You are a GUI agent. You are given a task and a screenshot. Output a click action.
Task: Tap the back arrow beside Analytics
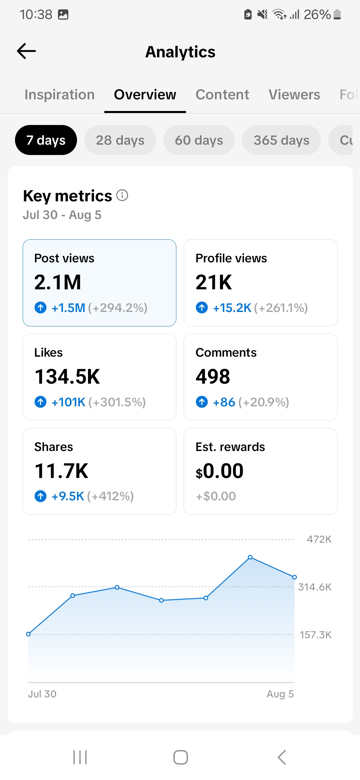click(26, 51)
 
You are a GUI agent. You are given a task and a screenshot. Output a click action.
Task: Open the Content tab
click(222, 95)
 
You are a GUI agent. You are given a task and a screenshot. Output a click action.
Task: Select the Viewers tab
click(294, 95)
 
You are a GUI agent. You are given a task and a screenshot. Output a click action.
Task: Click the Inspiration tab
click(60, 95)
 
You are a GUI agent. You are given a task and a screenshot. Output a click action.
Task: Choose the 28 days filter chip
click(120, 140)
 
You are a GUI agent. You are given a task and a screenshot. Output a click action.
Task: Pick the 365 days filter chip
click(281, 140)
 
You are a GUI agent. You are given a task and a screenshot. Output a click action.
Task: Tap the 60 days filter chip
click(199, 140)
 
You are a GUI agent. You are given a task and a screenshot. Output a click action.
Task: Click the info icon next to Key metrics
click(122, 195)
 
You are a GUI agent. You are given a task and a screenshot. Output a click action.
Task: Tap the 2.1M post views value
click(58, 282)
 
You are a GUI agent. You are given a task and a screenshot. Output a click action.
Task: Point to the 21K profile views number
click(214, 282)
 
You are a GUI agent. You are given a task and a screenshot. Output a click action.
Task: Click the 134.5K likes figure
click(67, 377)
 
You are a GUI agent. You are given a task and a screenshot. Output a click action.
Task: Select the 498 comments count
click(213, 377)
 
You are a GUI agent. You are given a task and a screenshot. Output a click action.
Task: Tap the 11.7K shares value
click(62, 471)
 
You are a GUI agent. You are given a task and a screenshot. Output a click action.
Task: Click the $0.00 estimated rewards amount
click(220, 471)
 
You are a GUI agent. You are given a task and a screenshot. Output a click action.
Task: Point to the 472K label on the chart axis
click(319, 539)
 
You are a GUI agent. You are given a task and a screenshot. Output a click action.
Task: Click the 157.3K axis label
click(316, 635)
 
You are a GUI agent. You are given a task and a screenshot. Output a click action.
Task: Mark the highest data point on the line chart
click(250, 557)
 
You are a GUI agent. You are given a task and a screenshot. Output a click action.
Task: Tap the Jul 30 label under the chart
click(42, 694)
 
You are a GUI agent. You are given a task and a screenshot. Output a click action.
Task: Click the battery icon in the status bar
click(337, 15)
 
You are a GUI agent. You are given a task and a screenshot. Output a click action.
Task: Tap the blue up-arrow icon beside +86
click(202, 402)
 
